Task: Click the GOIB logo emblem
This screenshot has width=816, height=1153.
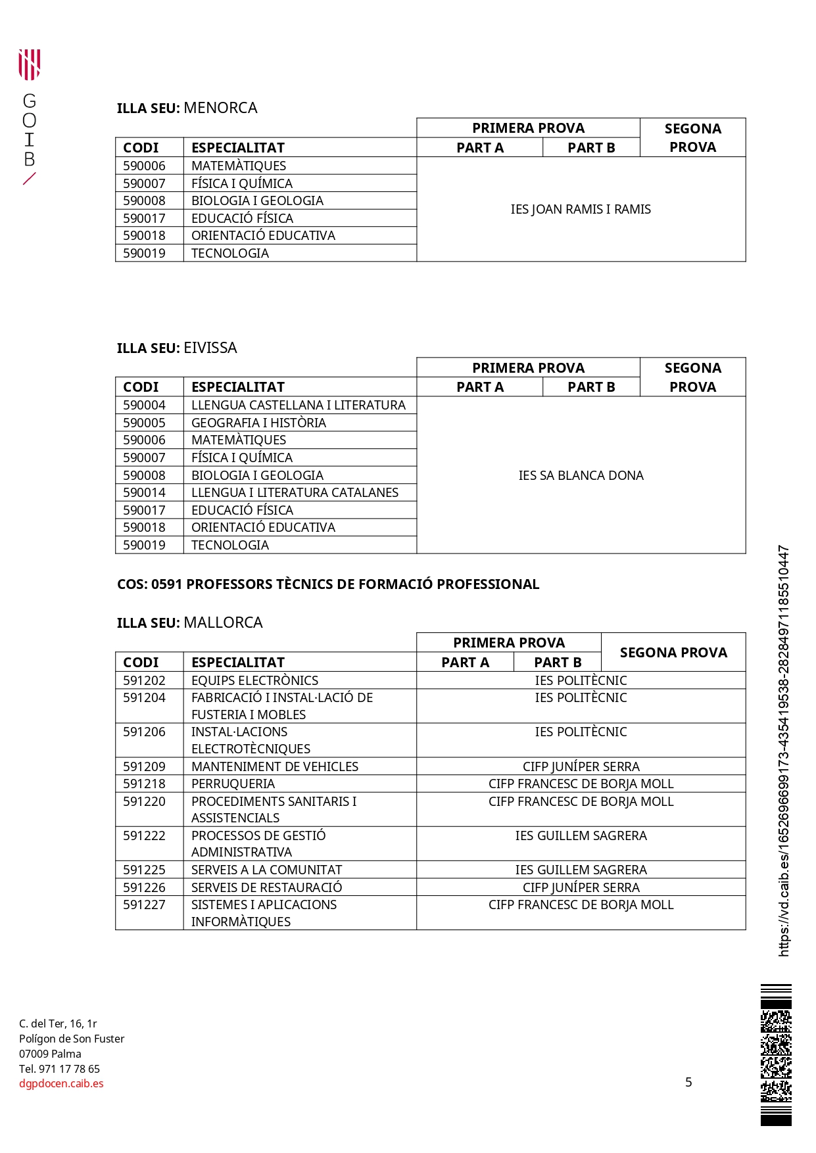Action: tap(29, 64)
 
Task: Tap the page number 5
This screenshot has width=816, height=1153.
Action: tap(688, 1082)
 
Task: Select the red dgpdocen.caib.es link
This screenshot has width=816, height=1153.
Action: tap(61, 1083)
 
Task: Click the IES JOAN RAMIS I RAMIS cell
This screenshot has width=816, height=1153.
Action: tap(581, 209)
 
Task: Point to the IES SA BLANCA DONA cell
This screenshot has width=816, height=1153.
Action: tap(581, 475)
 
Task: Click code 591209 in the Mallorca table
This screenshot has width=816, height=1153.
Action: tap(144, 766)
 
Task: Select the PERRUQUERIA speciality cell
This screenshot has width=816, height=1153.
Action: tap(233, 784)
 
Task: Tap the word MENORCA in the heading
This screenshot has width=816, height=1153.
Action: tap(220, 108)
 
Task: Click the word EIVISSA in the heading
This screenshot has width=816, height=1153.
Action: tap(210, 348)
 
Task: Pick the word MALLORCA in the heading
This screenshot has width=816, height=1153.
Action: tap(223, 623)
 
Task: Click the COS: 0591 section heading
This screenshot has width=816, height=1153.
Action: tap(327, 584)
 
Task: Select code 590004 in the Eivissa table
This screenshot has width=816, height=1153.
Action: tap(144, 405)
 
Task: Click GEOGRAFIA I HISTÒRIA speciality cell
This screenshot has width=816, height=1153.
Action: tap(258, 423)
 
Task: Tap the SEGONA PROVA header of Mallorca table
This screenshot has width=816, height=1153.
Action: tap(673, 652)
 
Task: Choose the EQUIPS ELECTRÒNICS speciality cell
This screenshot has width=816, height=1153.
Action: tap(254, 680)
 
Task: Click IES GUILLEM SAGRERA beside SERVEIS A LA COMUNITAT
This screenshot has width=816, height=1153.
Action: tap(581, 870)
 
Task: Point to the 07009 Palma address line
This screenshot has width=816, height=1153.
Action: tap(50, 1054)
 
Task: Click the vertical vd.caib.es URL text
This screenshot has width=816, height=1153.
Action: tap(783, 749)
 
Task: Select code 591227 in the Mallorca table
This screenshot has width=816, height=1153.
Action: tap(144, 905)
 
